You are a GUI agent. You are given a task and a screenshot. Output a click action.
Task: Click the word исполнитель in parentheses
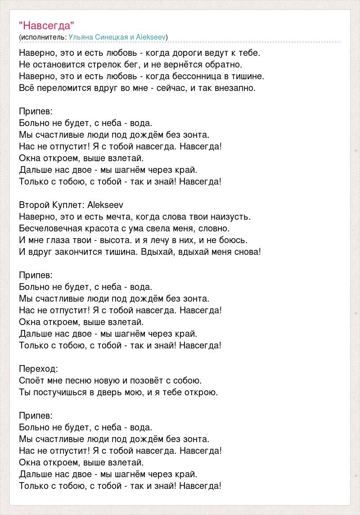(x=43, y=37)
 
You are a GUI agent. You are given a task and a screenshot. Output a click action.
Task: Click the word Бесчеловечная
(x=50, y=228)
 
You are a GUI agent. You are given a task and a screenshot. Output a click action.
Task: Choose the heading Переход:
(x=39, y=369)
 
